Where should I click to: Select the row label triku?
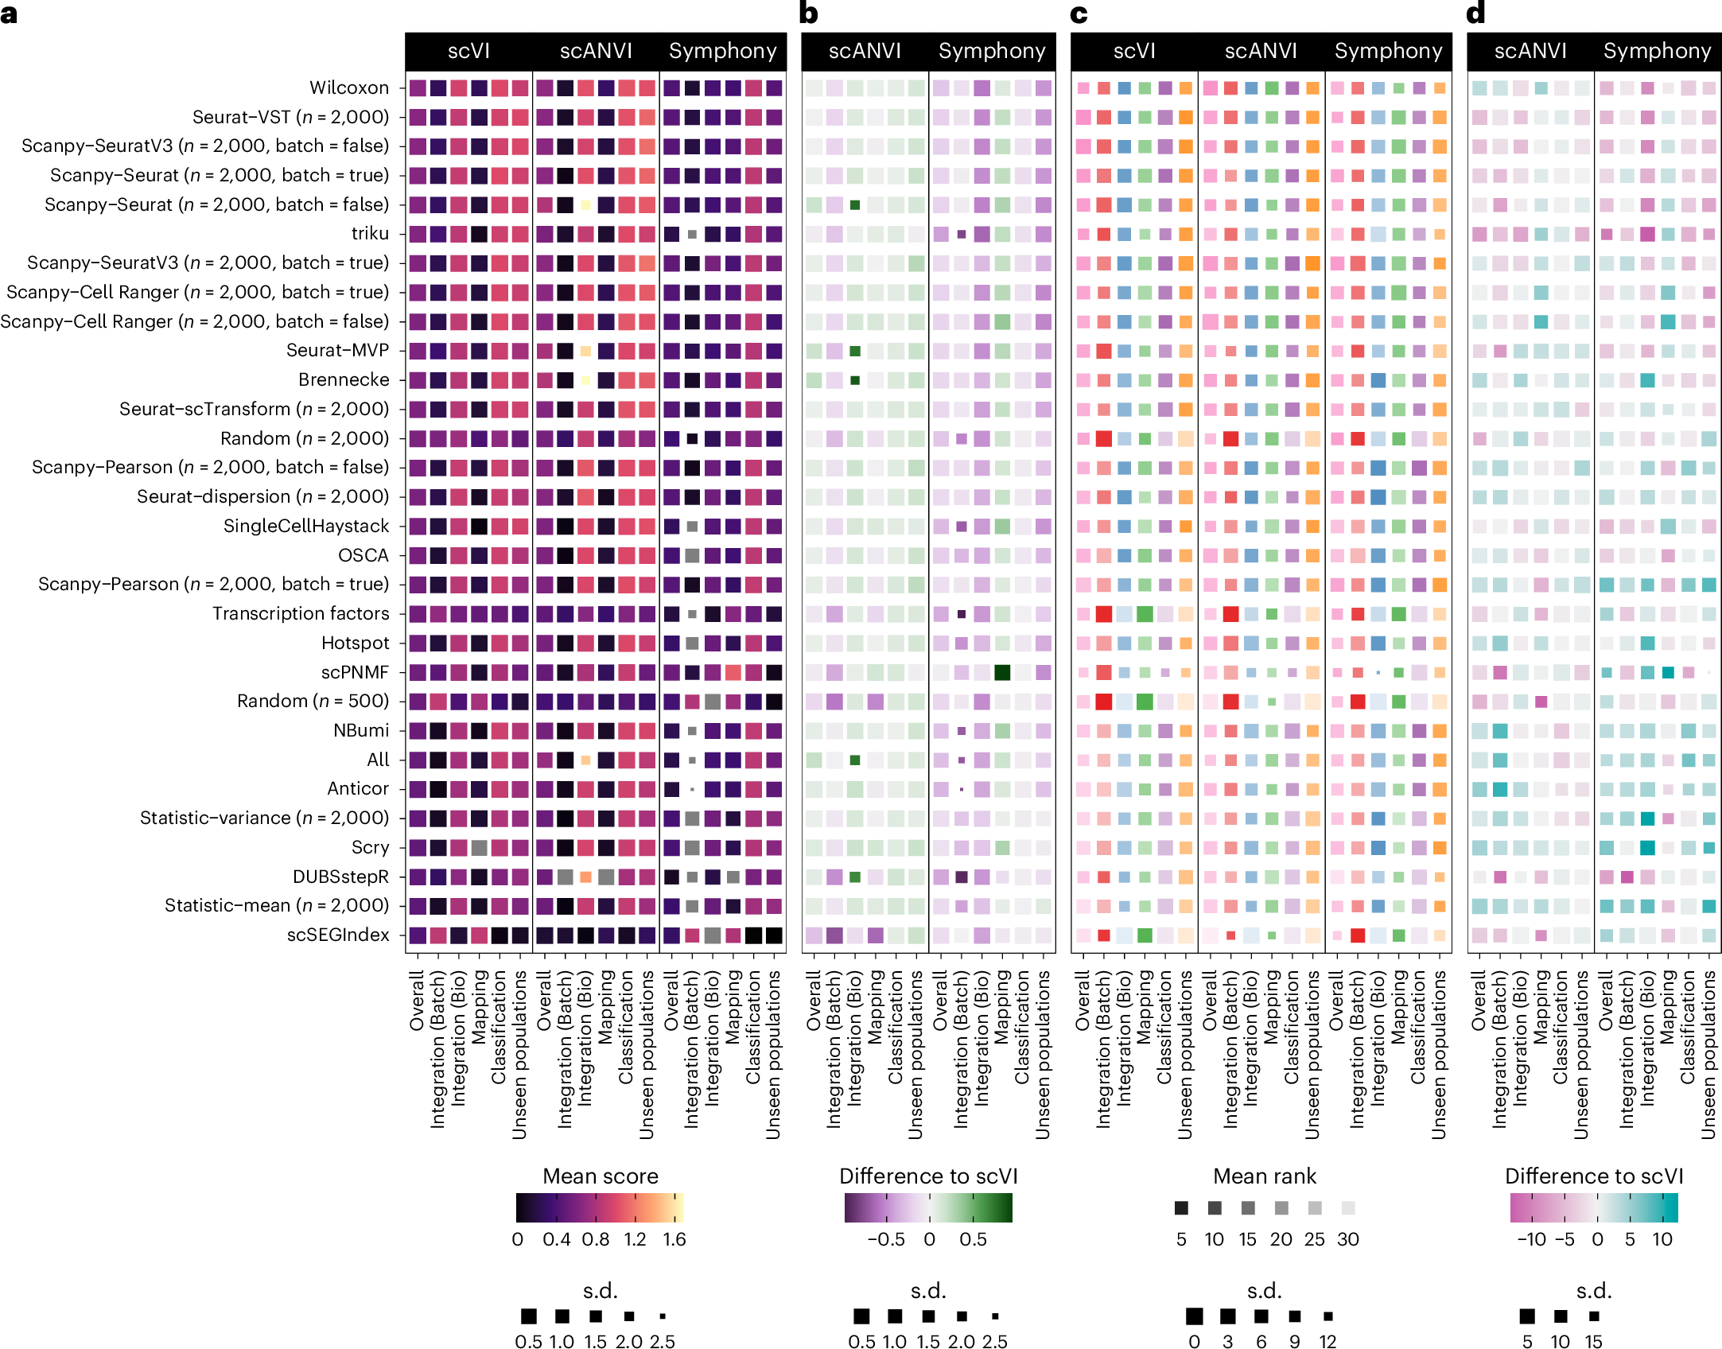[370, 234]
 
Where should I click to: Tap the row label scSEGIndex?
[338, 935]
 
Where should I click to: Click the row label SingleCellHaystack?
[306, 526]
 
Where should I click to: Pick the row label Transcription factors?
[301, 613]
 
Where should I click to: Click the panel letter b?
[808, 14]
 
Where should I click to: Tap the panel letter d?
[1475, 14]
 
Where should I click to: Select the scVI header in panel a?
[468, 51]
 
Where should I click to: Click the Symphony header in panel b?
[991, 51]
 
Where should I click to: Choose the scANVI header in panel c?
[1261, 51]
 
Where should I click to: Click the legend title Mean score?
[600, 1176]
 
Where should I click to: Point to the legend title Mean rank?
[1264, 1176]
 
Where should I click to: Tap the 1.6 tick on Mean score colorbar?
[674, 1239]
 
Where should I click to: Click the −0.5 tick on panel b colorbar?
[885, 1239]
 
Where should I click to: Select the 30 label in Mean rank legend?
[1347, 1239]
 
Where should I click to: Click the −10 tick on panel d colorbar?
[1531, 1239]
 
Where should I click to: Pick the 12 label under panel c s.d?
[1327, 1342]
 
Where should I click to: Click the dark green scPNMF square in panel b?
[1002, 672]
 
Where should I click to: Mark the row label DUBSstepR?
[340, 877]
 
